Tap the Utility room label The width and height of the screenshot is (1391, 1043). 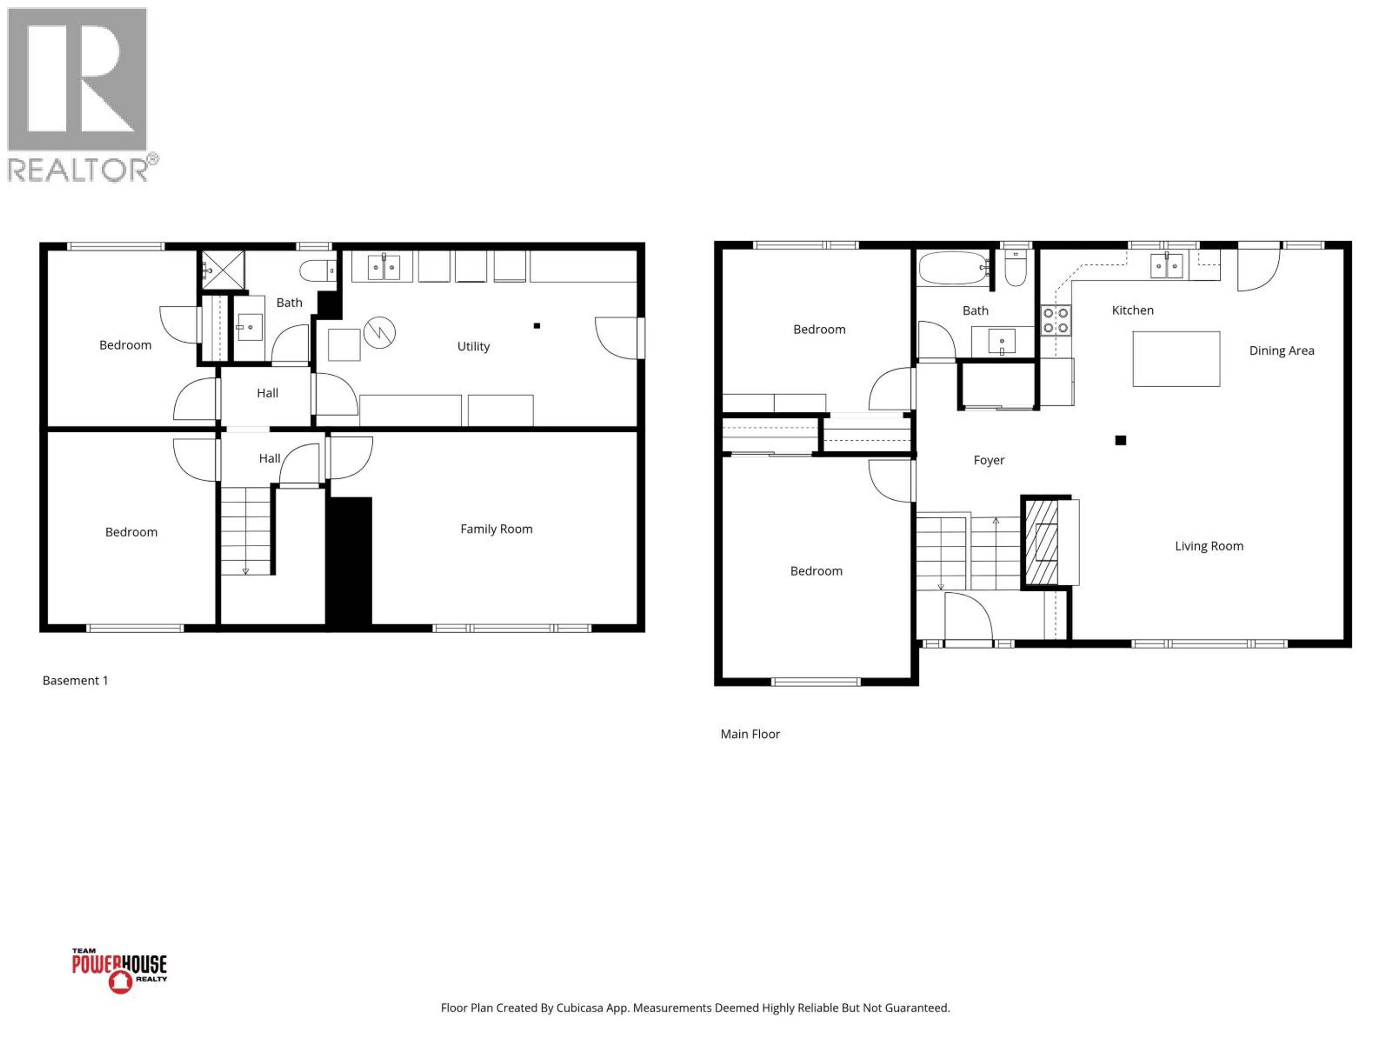click(473, 347)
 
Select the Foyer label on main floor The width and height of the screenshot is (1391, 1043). click(989, 460)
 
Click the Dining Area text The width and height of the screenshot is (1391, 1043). click(1281, 351)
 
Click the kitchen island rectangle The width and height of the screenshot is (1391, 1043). click(1176, 359)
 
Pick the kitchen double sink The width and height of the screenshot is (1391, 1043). click(1166, 266)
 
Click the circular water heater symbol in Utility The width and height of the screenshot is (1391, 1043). click(379, 332)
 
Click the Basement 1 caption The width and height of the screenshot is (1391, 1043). click(75, 680)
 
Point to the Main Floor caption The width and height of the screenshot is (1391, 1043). click(749, 734)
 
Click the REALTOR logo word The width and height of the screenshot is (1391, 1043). click(79, 170)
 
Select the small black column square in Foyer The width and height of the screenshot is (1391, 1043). click(1120, 440)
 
